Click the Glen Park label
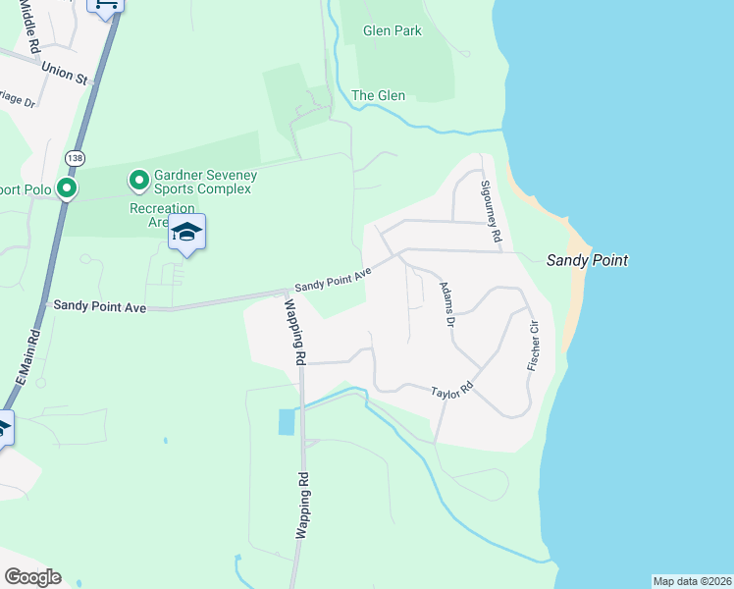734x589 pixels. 392,31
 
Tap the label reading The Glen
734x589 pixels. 378,95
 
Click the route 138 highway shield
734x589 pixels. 75,157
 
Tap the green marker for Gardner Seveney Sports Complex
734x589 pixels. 138,180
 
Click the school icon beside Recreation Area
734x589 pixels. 186,233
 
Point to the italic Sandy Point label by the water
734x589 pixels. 587,260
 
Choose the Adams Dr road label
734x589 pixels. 448,306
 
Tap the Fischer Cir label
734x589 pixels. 533,343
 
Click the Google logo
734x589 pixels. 32,577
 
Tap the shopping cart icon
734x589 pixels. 106,5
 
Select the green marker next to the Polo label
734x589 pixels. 67,187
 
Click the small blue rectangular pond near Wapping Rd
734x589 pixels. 286,422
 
